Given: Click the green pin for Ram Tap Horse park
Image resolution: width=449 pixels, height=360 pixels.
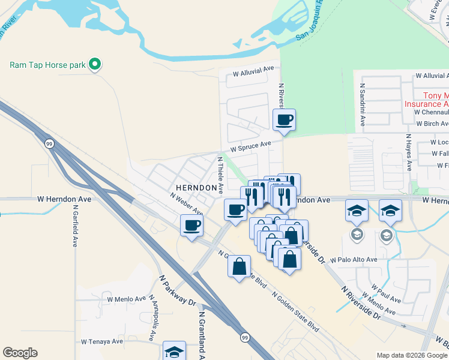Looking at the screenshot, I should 94,64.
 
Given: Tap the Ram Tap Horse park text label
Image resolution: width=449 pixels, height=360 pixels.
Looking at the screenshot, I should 48,64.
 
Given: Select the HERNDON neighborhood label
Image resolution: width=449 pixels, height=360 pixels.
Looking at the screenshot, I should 195,188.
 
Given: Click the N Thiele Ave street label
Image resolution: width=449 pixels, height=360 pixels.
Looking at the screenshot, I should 220,175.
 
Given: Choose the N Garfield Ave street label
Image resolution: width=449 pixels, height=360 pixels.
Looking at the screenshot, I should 75,229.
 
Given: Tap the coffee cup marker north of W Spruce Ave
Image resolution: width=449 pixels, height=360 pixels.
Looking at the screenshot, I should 284,120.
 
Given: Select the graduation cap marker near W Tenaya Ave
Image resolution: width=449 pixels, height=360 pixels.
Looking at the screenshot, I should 174,351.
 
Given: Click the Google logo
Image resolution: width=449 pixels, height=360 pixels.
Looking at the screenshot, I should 20,353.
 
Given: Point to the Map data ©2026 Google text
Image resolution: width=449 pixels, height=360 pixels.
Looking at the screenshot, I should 411,355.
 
